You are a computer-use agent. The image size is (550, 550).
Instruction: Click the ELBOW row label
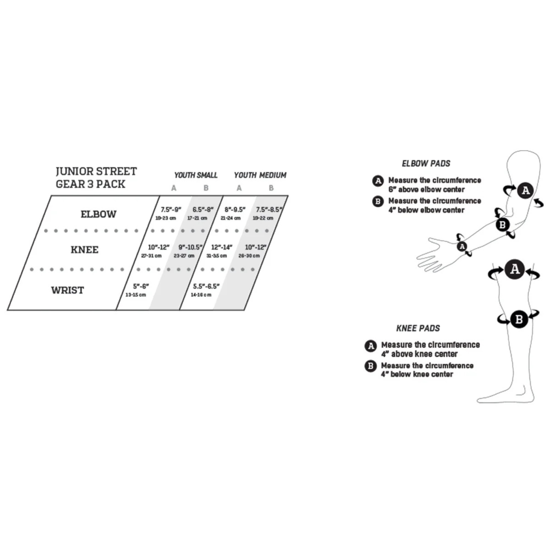[x=98, y=214]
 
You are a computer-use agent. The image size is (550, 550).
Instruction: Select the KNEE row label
[x=84, y=250]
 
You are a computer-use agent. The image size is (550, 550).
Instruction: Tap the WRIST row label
[x=67, y=290]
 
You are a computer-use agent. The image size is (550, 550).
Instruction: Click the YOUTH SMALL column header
[x=196, y=175]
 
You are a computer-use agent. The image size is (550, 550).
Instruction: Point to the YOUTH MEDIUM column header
[x=260, y=175]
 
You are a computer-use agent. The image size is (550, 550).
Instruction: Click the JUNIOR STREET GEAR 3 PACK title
[x=96, y=178]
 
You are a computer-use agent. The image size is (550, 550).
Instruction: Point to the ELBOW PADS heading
[x=426, y=164]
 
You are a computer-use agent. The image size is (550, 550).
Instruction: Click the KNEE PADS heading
[x=418, y=328]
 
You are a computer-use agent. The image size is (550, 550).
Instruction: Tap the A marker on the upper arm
[x=525, y=191]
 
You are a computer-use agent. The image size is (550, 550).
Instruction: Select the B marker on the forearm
[x=503, y=225]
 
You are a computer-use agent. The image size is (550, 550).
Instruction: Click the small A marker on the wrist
[x=462, y=246]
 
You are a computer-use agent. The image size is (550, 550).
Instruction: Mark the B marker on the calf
[x=519, y=319]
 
